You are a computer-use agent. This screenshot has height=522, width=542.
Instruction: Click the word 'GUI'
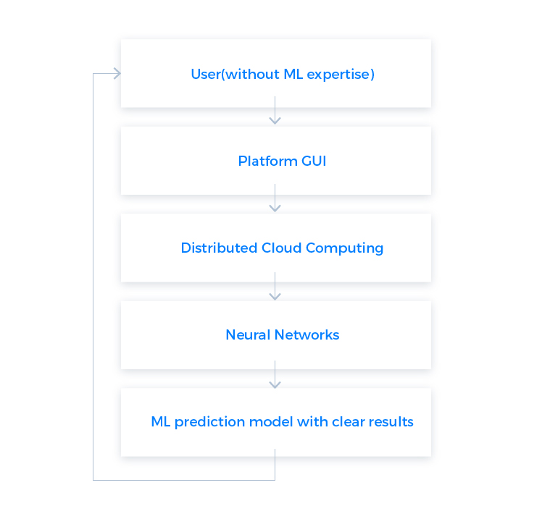(x=314, y=161)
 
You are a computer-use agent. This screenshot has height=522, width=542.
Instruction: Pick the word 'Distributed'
(x=219, y=248)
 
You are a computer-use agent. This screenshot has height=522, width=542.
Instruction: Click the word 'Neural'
(x=249, y=334)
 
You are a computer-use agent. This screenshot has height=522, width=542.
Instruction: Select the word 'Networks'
(x=307, y=334)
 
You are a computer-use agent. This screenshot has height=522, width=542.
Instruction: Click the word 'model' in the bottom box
(x=271, y=422)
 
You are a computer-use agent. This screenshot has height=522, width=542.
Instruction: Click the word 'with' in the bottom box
(x=312, y=422)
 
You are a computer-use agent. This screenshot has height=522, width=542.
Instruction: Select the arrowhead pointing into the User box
(x=117, y=73)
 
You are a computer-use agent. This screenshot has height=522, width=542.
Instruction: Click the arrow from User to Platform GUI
(x=275, y=110)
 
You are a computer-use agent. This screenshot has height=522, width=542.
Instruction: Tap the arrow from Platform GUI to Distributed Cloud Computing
(x=275, y=198)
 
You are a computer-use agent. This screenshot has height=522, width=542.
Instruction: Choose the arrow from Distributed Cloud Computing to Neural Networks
(x=275, y=286)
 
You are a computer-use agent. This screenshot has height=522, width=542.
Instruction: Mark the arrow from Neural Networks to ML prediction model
(x=275, y=374)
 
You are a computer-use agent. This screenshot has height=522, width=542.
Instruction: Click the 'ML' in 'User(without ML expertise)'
(x=293, y=74)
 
